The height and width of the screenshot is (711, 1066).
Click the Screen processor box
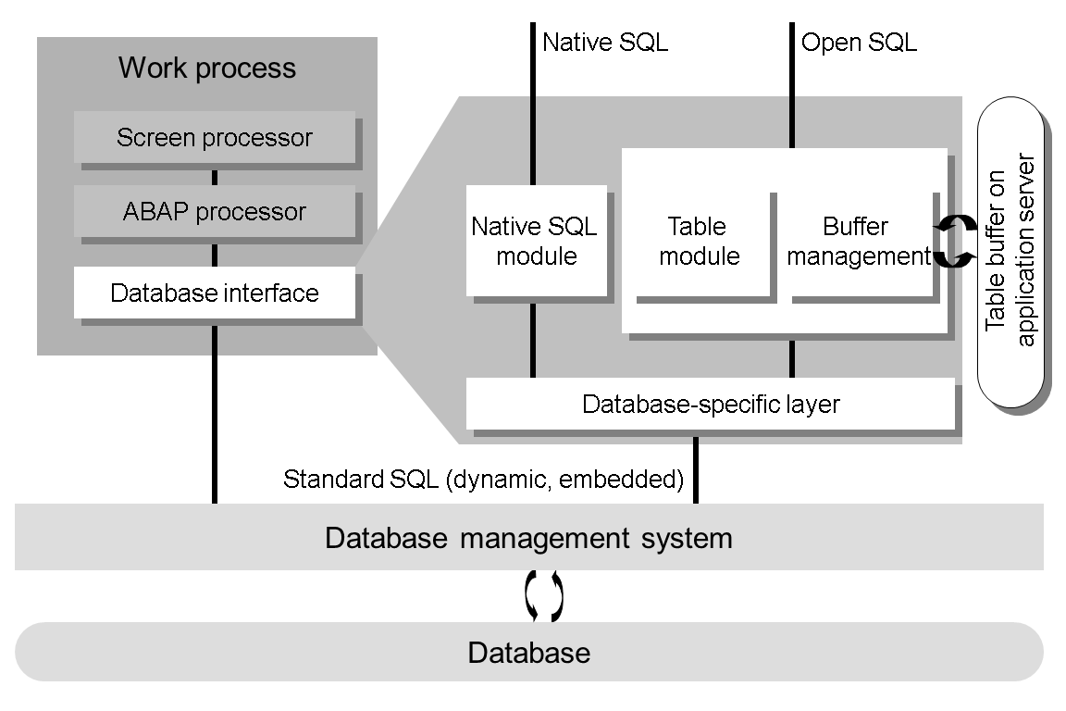(x=215, y=138)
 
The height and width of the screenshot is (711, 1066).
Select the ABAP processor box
(x=215, y=212)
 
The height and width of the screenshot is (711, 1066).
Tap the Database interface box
(x=215, y=293)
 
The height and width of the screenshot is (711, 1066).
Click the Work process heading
(x=207, y=68)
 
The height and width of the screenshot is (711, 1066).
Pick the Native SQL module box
(x=535, y=241)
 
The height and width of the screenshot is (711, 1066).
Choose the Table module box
(x=700, y=242)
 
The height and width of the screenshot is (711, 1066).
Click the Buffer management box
(x=858, y=242)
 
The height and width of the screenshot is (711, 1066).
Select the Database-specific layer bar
(x=710, y=405)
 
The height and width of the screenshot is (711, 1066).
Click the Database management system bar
(x=528, y=538)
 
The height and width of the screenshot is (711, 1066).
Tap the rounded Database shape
(x=528, y=653)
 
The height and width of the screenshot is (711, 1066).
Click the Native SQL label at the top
(x=604, y=43)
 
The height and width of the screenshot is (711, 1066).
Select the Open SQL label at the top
(x=859, y=43)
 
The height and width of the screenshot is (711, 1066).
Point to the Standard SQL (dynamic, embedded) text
(x=483, y=480)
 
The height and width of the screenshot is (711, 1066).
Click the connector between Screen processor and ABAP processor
(x=215, y=176)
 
